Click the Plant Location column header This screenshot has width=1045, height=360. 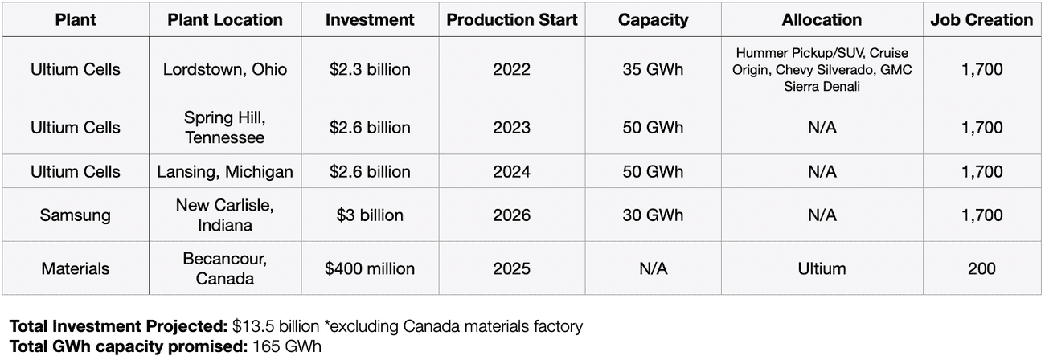[225, 20]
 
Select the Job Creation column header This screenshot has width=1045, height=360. [981, 20]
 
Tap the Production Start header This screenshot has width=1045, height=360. [512, 20]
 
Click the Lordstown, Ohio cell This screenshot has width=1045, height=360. [225, 69]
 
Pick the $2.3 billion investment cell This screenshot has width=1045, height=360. [370, 69]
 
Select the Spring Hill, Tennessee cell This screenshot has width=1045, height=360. [225, 128]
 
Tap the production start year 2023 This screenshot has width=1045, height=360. [512, 128]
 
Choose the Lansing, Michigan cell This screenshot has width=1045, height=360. [225, 172]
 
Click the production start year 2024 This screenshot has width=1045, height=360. [512, 172]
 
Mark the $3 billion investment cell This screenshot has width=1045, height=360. [370, 215]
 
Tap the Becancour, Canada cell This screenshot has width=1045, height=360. [225, 268]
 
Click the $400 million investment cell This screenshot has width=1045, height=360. [370, 268]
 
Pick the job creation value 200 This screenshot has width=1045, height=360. [981, 268]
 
